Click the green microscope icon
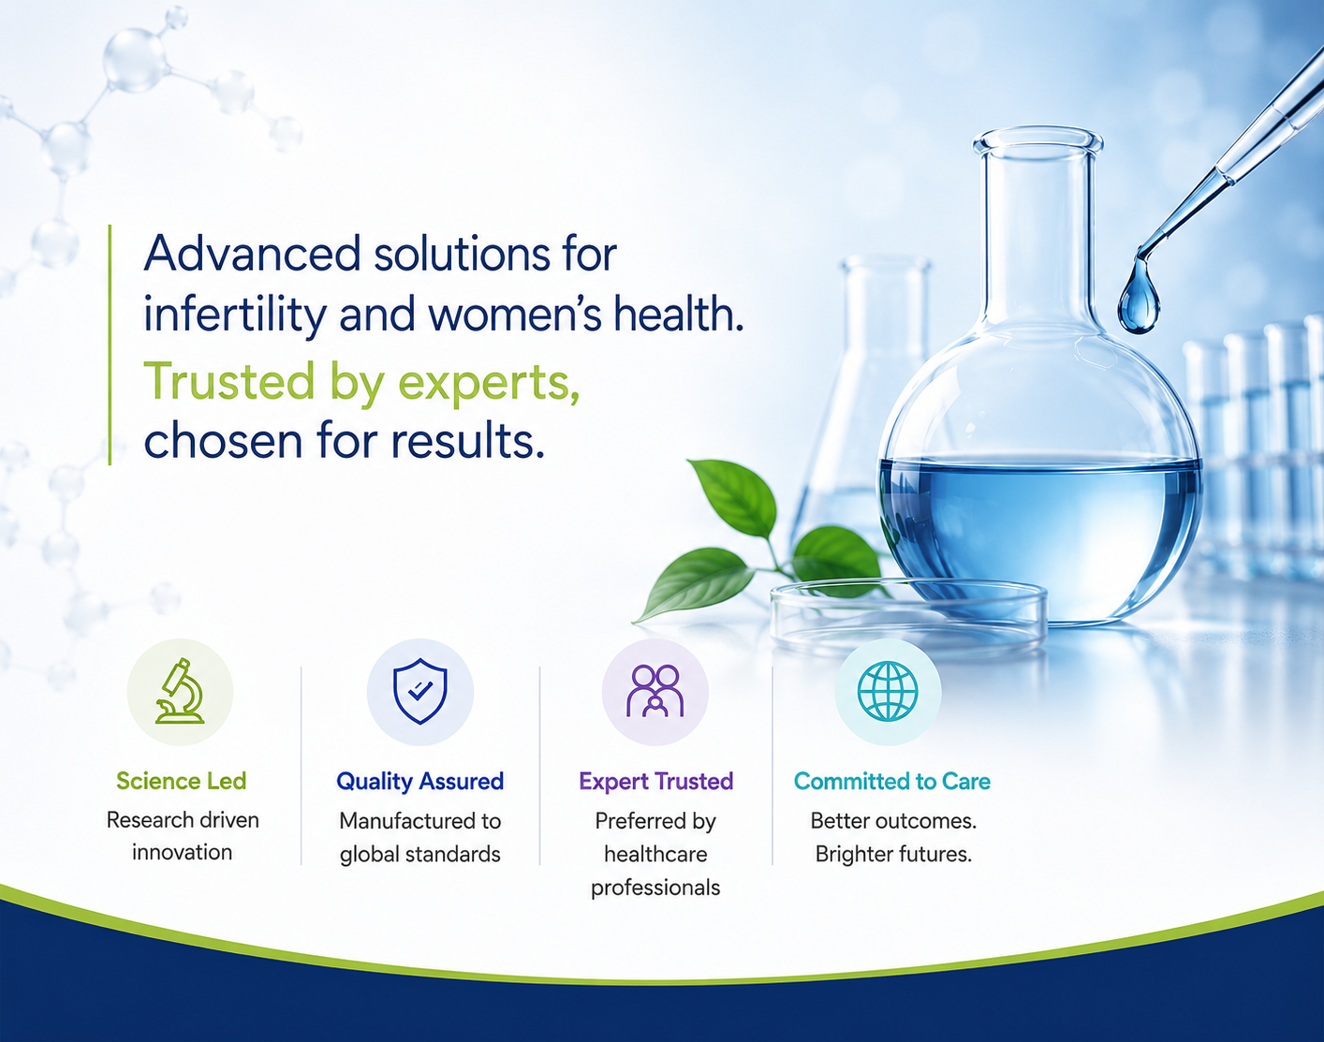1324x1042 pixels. [180, 691]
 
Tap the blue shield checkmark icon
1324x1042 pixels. [420, 691]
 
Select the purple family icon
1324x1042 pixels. [655, 691]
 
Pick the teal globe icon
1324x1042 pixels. [888, 691]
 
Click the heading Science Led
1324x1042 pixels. [182, 781]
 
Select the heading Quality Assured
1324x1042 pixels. [420, 782]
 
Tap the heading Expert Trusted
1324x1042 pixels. [655, 782]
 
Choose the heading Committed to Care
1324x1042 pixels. [892, 781]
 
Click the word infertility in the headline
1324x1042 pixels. [235, 315]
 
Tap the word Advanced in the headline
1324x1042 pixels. [252, 253]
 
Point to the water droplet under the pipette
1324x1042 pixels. [1139, 299]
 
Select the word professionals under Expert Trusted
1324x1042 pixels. [655, 888]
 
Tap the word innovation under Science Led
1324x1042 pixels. [182, 853]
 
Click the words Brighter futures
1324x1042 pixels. [893, 855]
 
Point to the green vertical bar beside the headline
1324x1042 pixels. [110, 345]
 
